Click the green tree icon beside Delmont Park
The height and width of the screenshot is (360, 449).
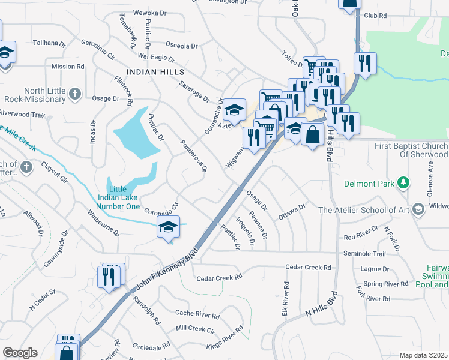click(405, 182)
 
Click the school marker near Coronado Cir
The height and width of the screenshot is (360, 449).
click(168, 227)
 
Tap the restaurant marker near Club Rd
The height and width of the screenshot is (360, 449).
click(365, 62)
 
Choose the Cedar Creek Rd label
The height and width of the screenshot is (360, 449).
click(219, 277)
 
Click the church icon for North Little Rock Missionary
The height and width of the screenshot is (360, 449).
click(74, 94)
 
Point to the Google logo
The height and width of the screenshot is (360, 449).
click(20, 353)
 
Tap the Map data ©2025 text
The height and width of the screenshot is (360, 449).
click(424, 355)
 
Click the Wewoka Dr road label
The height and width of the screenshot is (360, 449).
click(149, 13)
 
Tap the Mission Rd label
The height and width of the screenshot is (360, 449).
click(68, 67)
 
